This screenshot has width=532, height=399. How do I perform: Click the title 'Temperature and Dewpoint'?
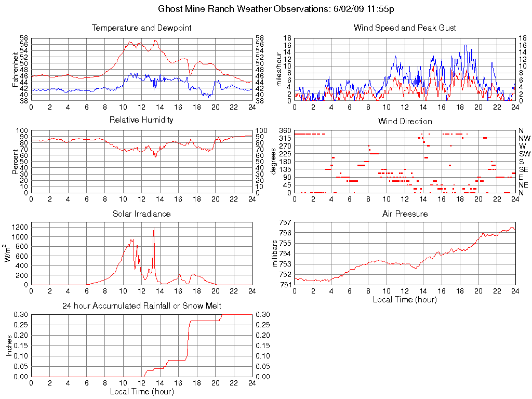141,28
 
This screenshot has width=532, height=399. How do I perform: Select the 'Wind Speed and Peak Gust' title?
405,28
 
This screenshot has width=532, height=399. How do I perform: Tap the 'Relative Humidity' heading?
141,120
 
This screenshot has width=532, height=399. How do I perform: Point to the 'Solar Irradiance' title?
141,214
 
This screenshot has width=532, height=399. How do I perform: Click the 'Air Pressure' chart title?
405,214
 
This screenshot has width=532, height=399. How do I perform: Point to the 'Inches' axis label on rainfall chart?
9,345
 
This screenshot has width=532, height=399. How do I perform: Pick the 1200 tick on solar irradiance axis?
20,227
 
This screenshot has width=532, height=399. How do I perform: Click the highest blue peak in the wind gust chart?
465,45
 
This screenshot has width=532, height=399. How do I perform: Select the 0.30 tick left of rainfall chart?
20,315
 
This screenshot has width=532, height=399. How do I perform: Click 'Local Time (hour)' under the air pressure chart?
405,299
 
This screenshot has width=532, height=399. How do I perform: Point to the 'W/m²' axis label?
8,254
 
